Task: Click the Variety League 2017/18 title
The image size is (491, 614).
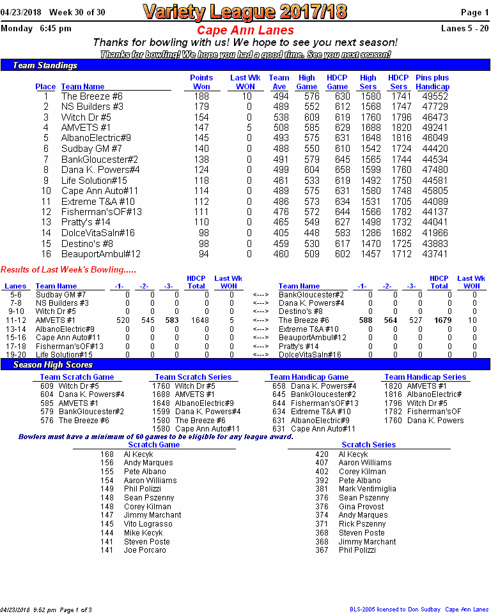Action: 245,11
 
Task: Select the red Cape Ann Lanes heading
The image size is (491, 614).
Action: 245,31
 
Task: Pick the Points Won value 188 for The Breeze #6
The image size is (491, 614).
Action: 201,96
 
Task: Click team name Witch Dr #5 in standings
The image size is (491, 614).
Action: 86,117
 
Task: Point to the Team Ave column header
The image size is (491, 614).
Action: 279,82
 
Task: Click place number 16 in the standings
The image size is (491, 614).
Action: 45,253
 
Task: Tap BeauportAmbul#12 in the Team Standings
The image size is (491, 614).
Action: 100,253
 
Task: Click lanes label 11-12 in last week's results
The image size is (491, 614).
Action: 16,320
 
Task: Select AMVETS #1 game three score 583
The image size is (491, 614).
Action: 171,320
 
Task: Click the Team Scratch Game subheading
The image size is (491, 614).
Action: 77,377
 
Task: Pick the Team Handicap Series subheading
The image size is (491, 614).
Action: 425,377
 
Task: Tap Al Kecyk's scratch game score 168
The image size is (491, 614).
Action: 107,454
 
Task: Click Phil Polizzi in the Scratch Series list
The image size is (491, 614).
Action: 357,550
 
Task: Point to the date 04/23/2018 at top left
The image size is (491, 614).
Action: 20,12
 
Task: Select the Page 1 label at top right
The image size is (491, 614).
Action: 475,12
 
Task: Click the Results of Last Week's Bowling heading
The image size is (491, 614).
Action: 68,270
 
